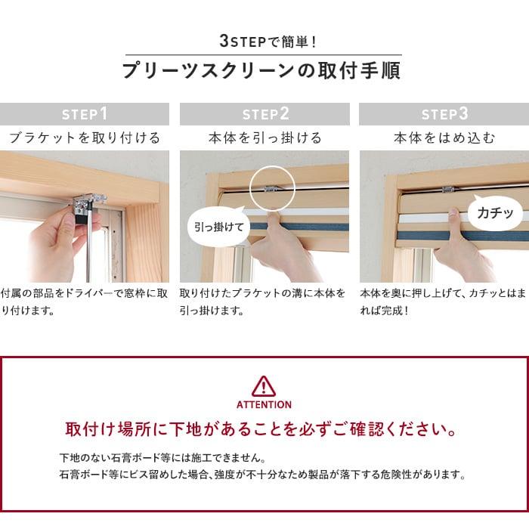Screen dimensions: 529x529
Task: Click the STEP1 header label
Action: pos(85,114)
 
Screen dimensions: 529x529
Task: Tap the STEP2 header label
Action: pos(265,114)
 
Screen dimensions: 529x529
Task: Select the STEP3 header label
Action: pos(444,114)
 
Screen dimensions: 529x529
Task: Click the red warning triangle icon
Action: pos(264,386)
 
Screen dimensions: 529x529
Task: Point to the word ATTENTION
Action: pos(264,404)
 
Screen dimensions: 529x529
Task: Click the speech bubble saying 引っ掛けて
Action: pos(218,226)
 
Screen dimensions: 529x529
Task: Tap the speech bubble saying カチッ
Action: pos(495,212)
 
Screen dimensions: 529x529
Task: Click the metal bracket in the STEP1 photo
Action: pos(89,206)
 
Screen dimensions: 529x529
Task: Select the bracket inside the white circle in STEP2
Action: pos(271,189)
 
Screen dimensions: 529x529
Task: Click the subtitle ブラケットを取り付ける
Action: pos(85,138)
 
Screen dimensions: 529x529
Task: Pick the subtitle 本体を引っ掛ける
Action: pos(265,138)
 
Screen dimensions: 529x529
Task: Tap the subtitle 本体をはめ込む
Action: pos(444,138)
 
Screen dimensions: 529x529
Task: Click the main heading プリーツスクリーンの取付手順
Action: pos(261,70)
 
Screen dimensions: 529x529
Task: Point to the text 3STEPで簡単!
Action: pos(268,41)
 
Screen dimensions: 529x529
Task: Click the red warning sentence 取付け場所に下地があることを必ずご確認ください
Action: pos(261,429)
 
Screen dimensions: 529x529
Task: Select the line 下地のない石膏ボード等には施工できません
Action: pos(163,458)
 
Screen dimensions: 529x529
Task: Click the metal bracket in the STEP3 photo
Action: pos(449,190)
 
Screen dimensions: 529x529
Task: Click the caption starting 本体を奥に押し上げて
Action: pos(443,302)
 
